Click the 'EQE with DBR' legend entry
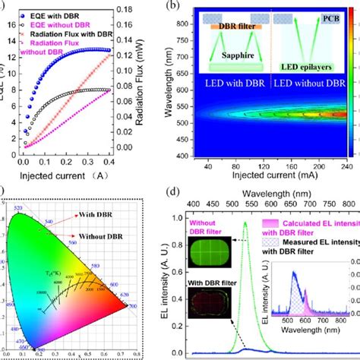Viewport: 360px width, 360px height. pos(52,12)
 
